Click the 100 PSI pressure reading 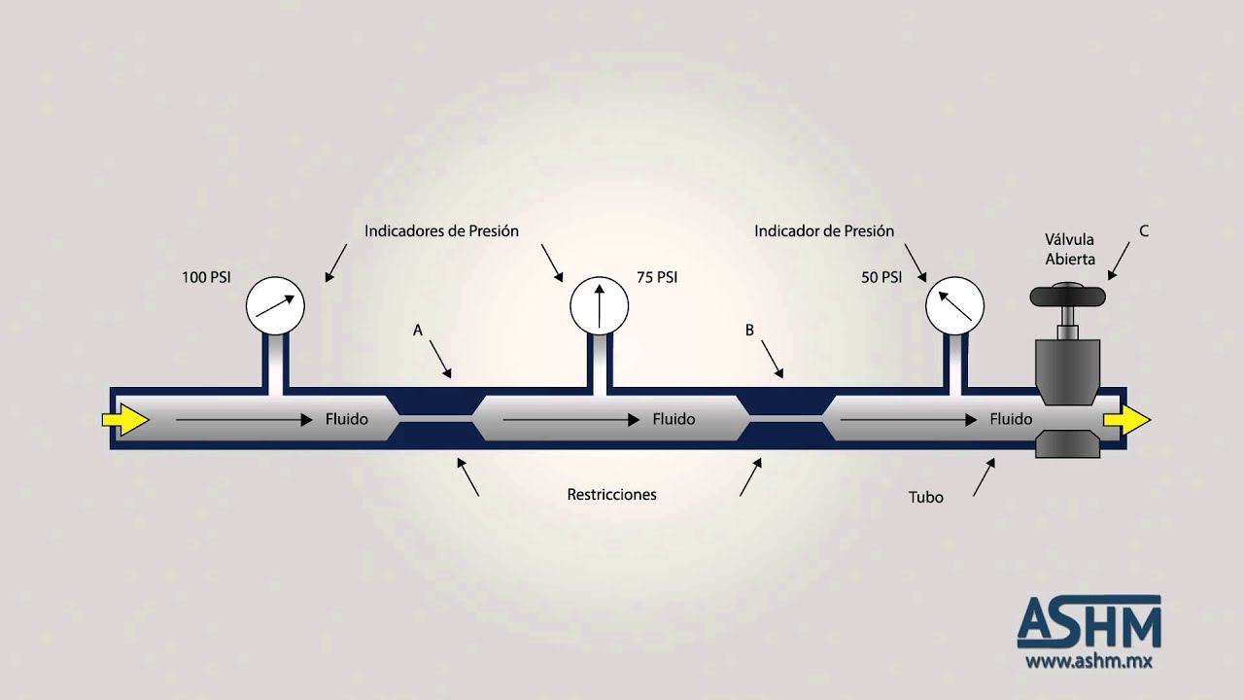[206, 277]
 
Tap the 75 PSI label [657, 277]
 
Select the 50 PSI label [881, 277]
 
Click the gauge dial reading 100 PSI [275, 305]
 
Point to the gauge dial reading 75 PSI [600, 305]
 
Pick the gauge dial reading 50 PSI [954, 305]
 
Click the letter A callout [418, 331]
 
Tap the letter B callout [749, 331]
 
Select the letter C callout [1144, 231]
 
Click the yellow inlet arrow [125, 419]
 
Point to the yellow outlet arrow [1126, 419]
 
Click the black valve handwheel [1067, 295]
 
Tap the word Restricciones [611, 495]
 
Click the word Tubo [926, 497]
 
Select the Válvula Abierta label [1070, 250]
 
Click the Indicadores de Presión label [441, 231]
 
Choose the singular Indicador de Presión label [824, 231]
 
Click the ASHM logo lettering [1089, 621]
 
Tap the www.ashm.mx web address [1088, 661]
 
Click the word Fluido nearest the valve [1011, 419]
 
